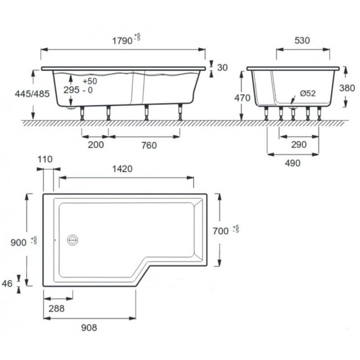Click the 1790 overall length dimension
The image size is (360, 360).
[x=122, y=41]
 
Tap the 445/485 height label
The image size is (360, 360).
[x=32, y=94]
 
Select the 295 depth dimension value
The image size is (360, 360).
[x=72, y=90]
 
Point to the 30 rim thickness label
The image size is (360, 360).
[x=222, y=67]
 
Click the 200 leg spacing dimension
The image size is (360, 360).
[x=96, y=145]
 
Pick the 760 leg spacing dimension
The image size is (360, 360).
[x=149, y=145]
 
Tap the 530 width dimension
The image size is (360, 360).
[x=302, y=40]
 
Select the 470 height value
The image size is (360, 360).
[x=242, y=98]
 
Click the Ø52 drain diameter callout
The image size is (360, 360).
[x=308, y=93]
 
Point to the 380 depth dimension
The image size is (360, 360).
[x=347, y=88]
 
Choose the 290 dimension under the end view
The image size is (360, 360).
[x=299, y=144]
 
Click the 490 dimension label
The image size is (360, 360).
[x=292, y=163]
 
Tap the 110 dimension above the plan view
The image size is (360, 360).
[x=45, y=159]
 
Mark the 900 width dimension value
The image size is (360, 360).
[x=18, y=243]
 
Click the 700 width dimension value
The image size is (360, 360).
[x=220, y=231]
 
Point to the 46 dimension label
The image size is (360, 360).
[x=7, y=283]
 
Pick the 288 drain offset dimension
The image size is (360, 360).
[x=57, y=309]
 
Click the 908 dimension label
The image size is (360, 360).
[x=89, y=328]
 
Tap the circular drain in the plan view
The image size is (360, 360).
[x=72, y=240]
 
